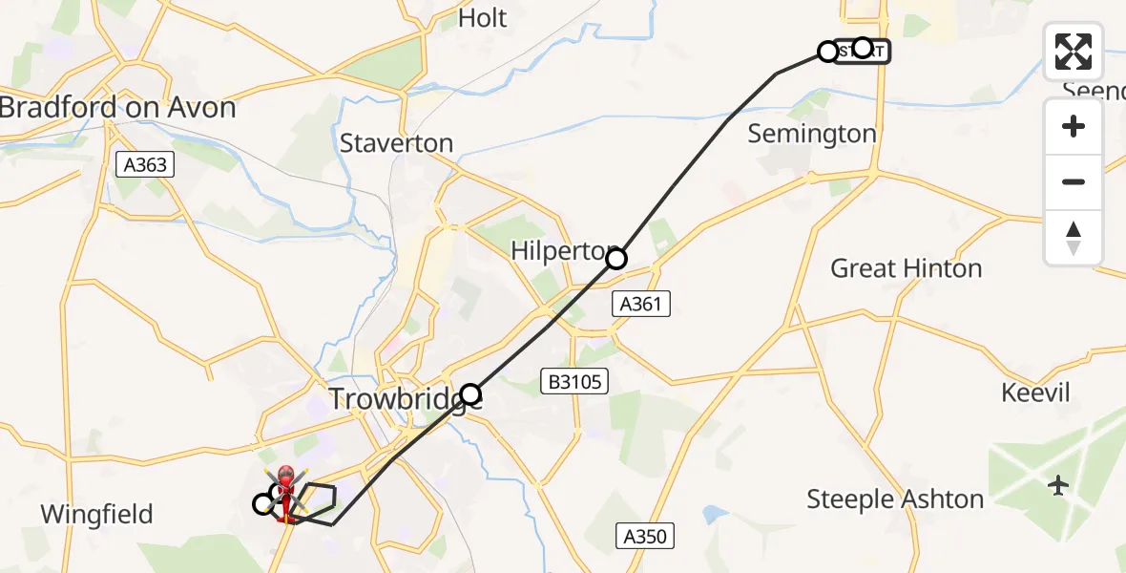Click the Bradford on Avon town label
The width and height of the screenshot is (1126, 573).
116,107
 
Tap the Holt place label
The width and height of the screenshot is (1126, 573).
482,18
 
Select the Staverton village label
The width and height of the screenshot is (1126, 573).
396,144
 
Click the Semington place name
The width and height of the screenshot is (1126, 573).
811,134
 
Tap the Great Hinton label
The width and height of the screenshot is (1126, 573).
906,268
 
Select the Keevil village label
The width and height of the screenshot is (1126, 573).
1035,393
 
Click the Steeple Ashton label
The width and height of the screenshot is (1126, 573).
894,499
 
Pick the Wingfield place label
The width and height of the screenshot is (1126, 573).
96,515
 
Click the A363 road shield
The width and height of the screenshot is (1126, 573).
145,165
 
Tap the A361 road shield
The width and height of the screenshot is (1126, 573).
640,305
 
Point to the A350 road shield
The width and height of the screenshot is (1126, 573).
644,537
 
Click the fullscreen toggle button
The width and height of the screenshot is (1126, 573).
1074,52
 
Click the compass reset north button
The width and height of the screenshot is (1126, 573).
1074,238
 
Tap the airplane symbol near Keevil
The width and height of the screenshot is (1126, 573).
1057,485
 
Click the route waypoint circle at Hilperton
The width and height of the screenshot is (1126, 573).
616,259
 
